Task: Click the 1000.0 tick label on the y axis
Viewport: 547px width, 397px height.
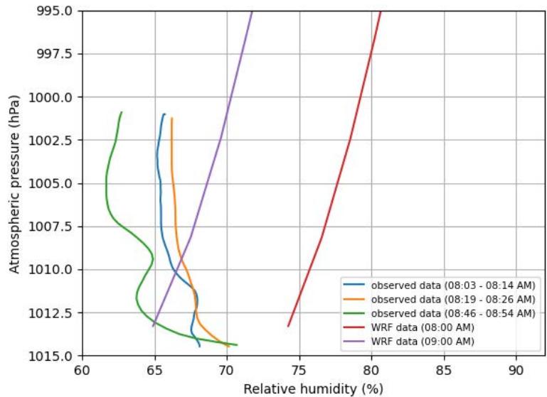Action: (x=52, y=97)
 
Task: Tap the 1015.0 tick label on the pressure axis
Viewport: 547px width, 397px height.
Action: (x=52, y=356)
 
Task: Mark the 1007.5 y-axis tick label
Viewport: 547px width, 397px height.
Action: (x=52, y=227)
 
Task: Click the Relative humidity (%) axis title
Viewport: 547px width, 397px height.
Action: (x=313, y=388)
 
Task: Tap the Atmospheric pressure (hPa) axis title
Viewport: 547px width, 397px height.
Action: (x=14, y=183)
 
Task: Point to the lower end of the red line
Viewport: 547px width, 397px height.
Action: (x=288, y=326)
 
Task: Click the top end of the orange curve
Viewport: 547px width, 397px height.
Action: (x=171, y=119)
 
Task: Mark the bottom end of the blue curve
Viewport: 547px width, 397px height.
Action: (x=200, y=346)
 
